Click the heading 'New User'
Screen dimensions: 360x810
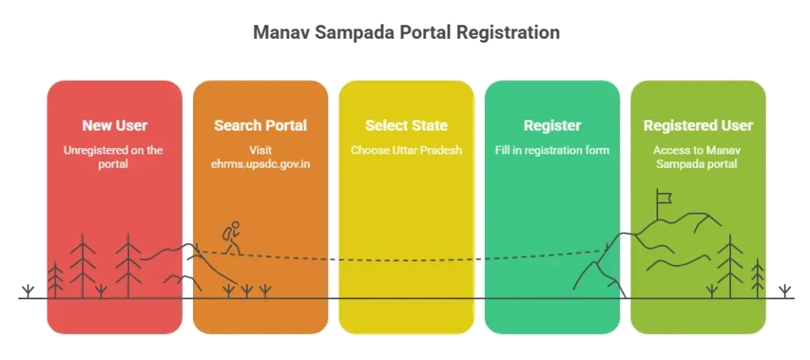coord(115,126)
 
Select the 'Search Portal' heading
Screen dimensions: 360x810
coord(260,126)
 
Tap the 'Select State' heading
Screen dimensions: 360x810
coord(406,126)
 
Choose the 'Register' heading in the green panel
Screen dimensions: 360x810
coord(552,126)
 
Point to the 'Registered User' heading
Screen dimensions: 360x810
coord(698,126)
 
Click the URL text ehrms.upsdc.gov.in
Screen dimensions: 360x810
coord(260,163)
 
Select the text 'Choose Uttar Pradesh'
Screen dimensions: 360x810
coord(406,150)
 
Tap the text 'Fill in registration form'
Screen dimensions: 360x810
coord(552,150)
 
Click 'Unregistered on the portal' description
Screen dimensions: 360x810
coord(115,156)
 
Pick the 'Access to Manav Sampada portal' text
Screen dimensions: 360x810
coord(698,156)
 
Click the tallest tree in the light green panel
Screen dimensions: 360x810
coord(729,265)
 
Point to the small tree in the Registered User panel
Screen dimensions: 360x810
coord(758,277)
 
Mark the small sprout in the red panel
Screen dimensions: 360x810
coord(100,291)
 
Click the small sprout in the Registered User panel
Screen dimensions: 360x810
coord(712,290)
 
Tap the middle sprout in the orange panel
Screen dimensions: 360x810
coord(247,290)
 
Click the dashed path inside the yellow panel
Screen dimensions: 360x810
coord(406,259)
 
